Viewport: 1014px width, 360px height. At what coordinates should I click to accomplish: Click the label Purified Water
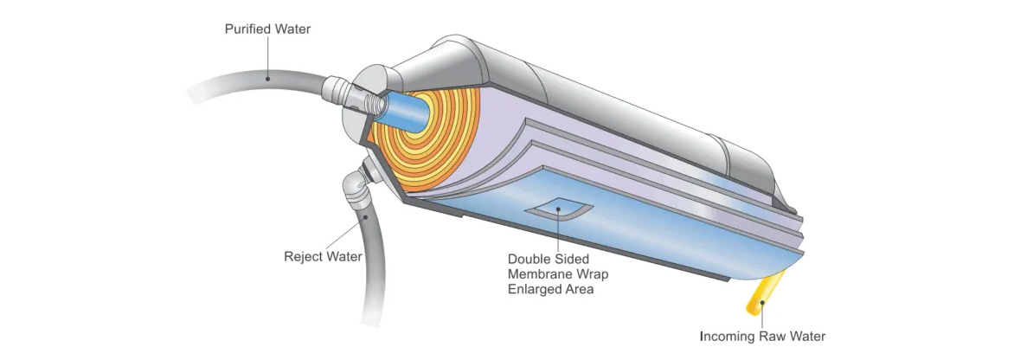coord(267,29)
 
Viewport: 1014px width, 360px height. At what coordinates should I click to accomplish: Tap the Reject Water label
coord(323,256)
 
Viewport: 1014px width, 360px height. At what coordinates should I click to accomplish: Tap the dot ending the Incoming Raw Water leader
coord(762,302)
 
